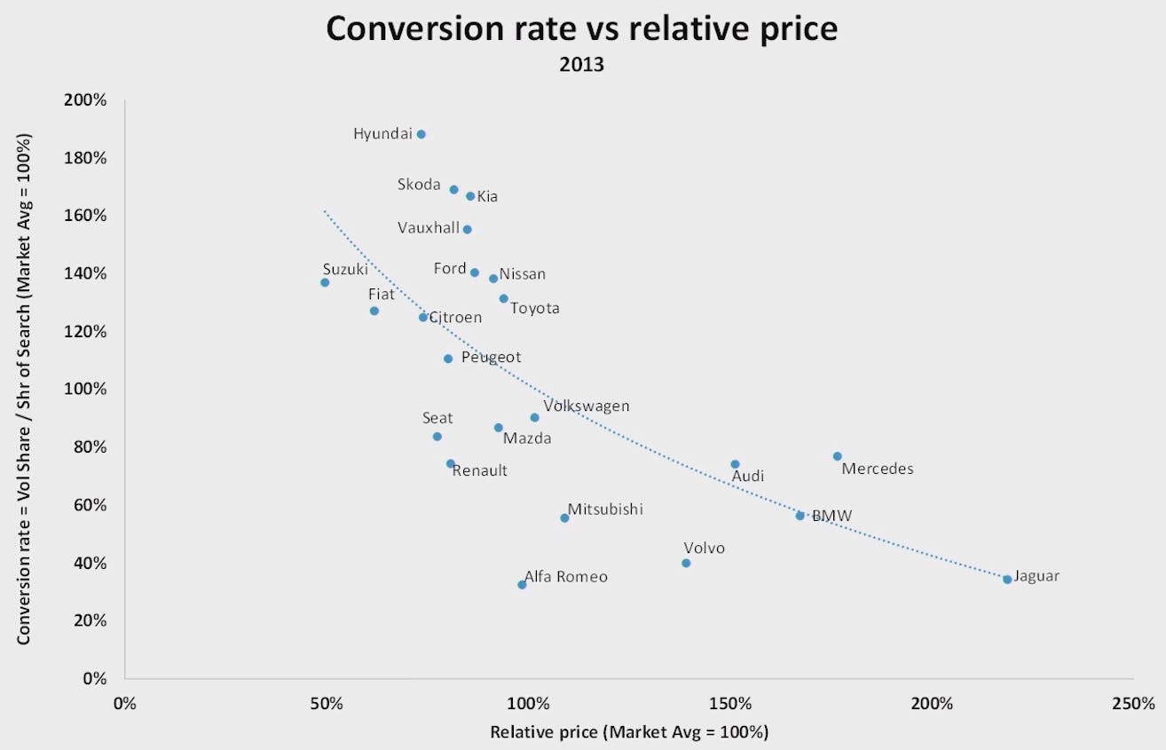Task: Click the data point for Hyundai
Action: click(x=421, y=134)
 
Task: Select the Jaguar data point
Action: click(x=1007, y=580)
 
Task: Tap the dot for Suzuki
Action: click(x=325, y=282)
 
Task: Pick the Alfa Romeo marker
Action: click(x=522, y=584)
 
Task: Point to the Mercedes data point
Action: click(x=837, y=456)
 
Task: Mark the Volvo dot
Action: click(x=686, y=563)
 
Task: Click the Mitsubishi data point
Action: click(x=564, y=517)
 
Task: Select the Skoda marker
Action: click(x=453, y=189)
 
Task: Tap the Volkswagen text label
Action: click(x=587, y=406)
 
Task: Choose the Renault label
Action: click(x=480, y=470)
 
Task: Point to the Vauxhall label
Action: click(x=429, y=228)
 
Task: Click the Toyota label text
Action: click(x=535, y=308)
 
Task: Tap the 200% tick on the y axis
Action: click(x=85, y=100)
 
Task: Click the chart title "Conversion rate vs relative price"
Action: click(x=581, y=28)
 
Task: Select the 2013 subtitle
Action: click(x=581, y=65)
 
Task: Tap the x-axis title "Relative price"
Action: click(x=629, y=732)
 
